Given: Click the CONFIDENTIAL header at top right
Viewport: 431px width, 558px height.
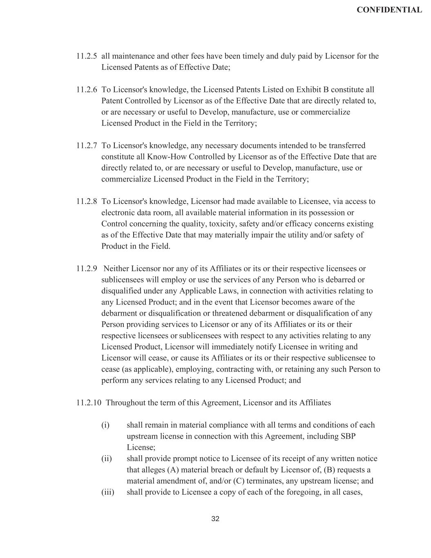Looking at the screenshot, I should coord(389,10).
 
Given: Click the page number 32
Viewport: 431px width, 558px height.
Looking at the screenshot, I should coord(215,519).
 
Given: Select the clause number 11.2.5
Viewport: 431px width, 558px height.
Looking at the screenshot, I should coord(87,56).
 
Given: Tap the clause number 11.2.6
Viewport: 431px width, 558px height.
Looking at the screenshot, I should coord(87,90).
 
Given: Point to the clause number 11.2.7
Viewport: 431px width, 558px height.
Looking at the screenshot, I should coord(87,146).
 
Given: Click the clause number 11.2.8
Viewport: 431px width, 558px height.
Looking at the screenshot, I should coord(87,201).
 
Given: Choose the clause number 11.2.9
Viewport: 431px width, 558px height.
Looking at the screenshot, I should coord(87,269).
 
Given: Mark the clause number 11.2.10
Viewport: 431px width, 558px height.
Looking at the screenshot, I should coord(89,403).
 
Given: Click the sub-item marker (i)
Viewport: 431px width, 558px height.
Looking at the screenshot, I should coord(105,425).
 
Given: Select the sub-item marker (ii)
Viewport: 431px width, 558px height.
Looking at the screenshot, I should coord(107,458).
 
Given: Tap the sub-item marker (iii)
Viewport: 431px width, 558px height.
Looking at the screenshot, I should coord(108,492).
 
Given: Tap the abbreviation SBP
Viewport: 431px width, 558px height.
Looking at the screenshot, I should coord(348,436).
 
